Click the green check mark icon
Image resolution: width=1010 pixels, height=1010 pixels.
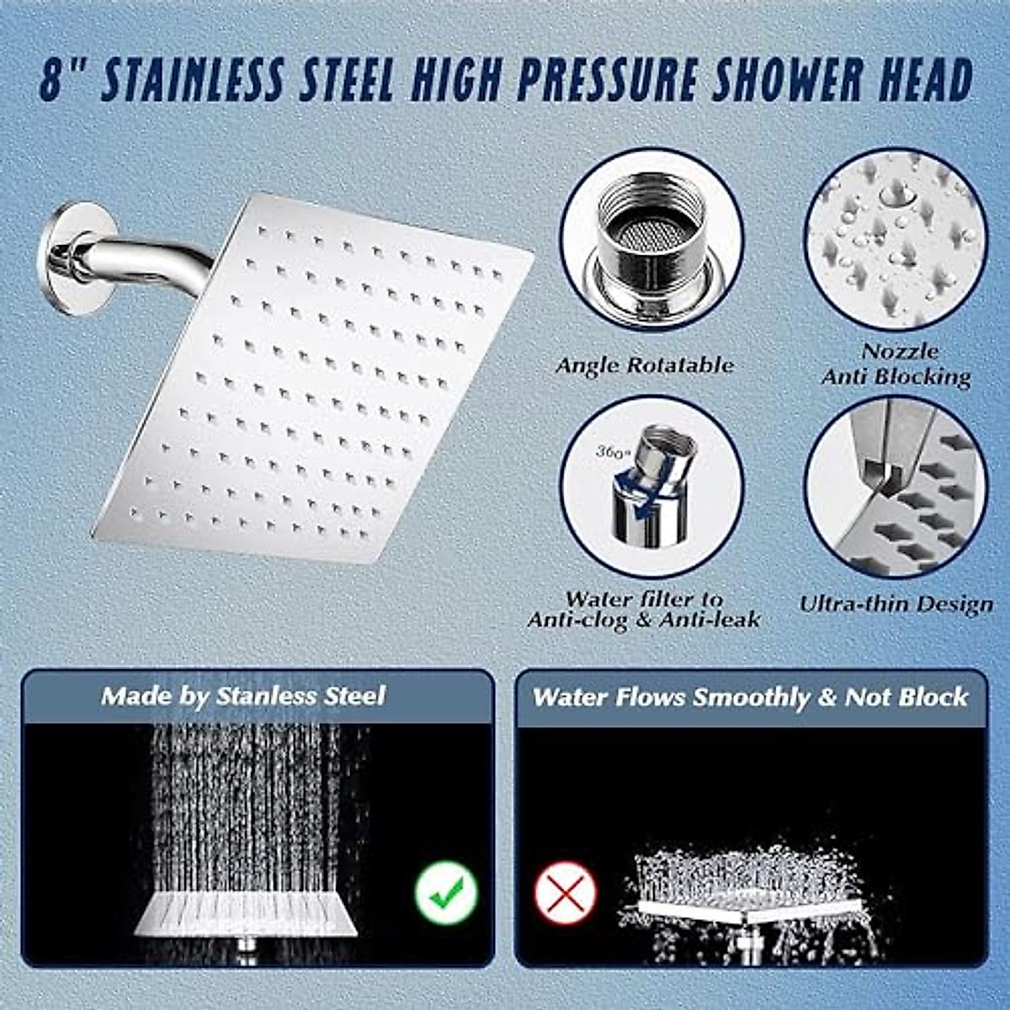tap(446, 893)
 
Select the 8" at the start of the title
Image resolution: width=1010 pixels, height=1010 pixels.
tap(64, 82)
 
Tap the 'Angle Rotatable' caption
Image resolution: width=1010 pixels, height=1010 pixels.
tap(644, 365)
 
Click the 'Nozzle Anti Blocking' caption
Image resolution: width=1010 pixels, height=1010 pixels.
tap(897, 364)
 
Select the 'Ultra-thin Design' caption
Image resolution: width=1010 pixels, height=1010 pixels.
tap(896, 603)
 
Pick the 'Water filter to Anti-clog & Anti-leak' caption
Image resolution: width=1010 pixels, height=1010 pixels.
tap(644, 609)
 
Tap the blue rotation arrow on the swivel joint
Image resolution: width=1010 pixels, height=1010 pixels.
tap(633, 493)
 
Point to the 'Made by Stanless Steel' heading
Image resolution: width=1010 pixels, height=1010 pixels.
tap(243, 696)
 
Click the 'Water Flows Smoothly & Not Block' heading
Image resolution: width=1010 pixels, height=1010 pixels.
tap(750, 697)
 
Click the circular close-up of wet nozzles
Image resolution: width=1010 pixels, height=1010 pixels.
tap(894, 238)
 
